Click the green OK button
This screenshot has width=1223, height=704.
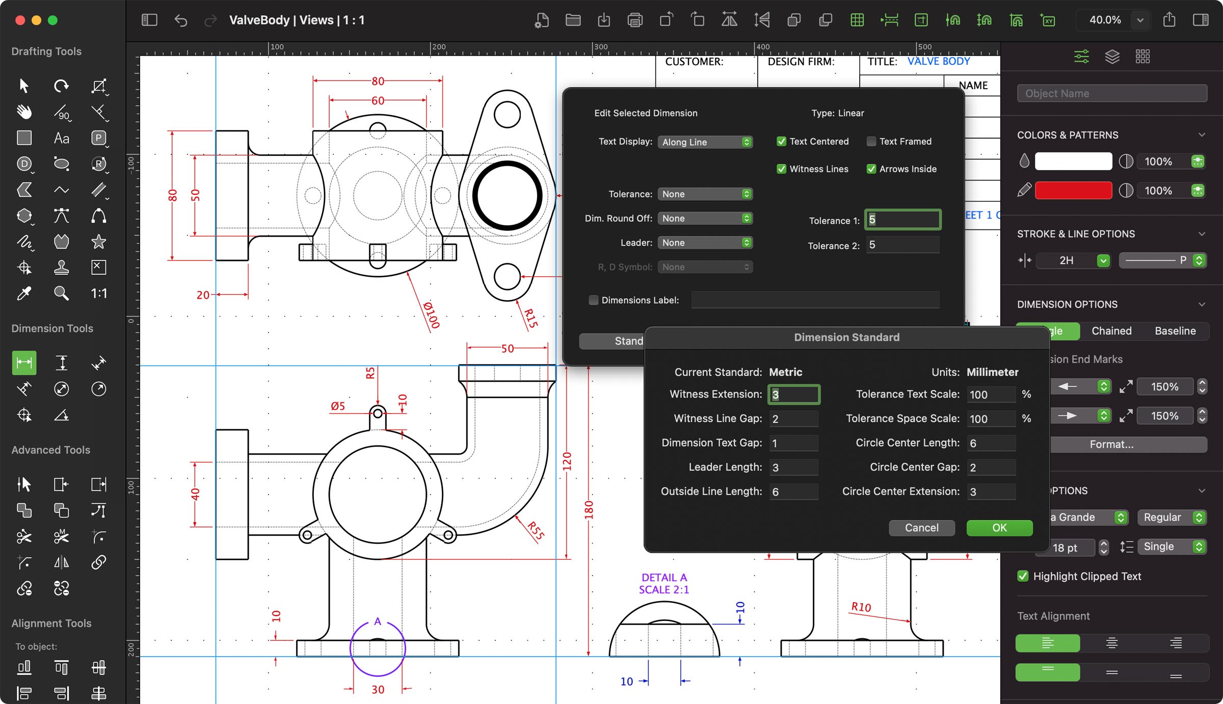point(999,528)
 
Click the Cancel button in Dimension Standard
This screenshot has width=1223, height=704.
point(921,528)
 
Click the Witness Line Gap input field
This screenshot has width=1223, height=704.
point(793,419)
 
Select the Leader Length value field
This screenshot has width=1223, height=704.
point(793,467)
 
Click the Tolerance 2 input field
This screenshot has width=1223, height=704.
point(902,245)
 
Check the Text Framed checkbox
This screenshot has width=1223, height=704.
point(871,142)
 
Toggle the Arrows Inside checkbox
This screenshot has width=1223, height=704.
point(871,169)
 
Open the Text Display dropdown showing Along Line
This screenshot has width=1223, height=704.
point(705,142)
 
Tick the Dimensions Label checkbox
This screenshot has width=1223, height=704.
point(593,300)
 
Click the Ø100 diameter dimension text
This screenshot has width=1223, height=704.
point(431,315)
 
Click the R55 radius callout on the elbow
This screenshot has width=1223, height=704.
point(536,531)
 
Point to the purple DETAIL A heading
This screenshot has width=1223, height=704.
point(663,578)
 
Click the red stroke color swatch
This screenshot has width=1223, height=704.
point(1073,191)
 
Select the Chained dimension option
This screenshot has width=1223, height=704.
point(1111,331)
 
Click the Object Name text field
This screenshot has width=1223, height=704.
point(1111,93)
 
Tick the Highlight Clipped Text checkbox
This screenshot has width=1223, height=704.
point(1022,576)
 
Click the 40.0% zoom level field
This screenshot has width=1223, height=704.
point(1104,20)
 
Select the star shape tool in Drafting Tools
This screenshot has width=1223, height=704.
point(98,242)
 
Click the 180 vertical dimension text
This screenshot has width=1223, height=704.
point(589,510)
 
